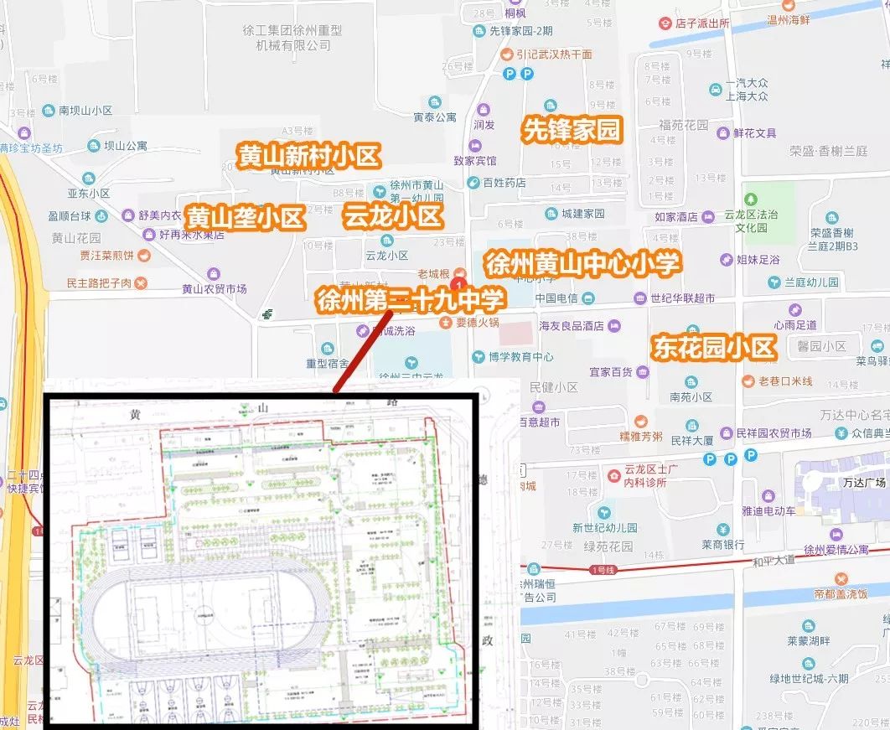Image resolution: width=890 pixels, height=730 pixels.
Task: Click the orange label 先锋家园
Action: click(x=574, y=130)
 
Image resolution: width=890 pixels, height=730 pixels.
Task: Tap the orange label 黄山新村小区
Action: click(x=309, y=157)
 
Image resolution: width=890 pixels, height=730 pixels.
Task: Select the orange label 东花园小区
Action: click(x=715, y=347)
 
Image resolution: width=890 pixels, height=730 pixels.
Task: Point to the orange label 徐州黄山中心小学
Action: click(x=582, y=264)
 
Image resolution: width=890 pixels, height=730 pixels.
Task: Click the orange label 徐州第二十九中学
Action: click(x=411, y=299)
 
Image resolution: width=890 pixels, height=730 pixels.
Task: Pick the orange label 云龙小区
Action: click(x=392, y=217)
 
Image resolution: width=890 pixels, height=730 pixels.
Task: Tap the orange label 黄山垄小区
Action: click(x=245, y=218)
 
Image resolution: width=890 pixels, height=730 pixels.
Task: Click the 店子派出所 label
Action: click(x=701, y=23)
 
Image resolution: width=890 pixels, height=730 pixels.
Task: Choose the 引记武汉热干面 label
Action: click(x=554, y=54)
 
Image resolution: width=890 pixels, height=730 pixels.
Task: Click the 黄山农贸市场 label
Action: click(x=214, y=289)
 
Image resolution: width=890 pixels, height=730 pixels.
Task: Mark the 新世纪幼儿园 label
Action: click(x=605, y=527)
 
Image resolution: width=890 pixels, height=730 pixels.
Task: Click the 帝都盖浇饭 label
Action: click(x=840, y=594)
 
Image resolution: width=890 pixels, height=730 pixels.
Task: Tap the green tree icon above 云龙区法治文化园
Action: click(x=751, y=199)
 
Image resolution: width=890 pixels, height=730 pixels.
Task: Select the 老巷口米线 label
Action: click(x=785, y=381)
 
